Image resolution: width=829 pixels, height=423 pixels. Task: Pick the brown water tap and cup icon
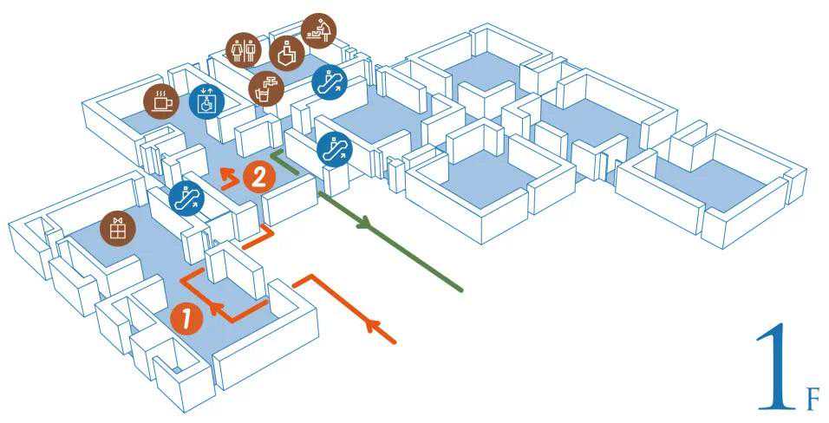(265, 88)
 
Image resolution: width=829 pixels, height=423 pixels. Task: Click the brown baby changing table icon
(318, 30)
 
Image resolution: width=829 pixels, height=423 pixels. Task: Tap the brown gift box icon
(116, 229)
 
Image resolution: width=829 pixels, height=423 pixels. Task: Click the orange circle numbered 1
(186, 318)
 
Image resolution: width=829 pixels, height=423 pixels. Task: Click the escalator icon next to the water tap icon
(328, 81)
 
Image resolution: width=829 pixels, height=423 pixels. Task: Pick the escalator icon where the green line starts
(334, 148)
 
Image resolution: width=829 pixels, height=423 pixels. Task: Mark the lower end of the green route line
(460, 290)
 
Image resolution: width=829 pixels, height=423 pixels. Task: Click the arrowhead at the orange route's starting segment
(374, 326)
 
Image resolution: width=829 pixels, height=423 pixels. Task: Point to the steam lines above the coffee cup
(160, 91)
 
